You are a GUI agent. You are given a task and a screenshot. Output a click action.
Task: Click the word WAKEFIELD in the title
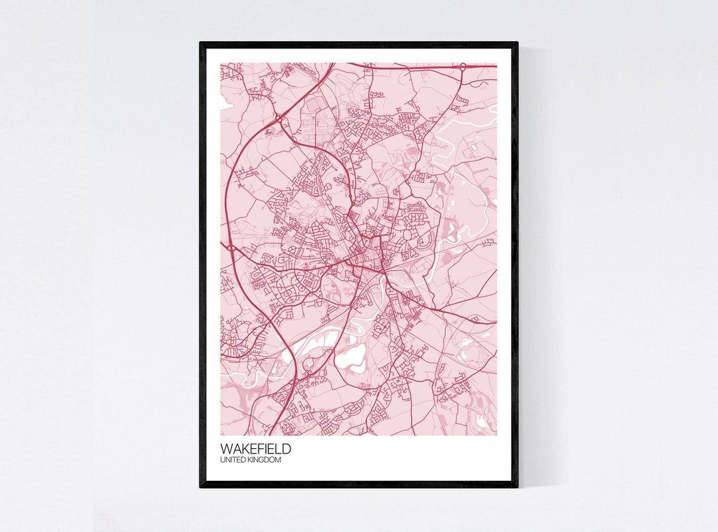tap(255, 450)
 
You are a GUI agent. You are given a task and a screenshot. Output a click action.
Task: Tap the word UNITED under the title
tap(233, 460)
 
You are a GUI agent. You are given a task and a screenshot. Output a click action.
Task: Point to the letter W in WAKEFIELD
tap(226, 450)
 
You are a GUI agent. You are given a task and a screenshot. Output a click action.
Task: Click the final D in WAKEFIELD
tap(287, 450)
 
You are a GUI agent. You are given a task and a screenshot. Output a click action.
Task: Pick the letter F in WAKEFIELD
tap(256, 450)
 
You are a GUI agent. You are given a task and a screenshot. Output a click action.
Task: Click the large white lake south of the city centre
tap(351, 360)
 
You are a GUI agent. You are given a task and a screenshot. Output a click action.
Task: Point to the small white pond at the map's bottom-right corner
tap(481, 420)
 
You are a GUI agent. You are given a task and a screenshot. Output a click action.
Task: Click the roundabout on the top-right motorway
tap(462, 67)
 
